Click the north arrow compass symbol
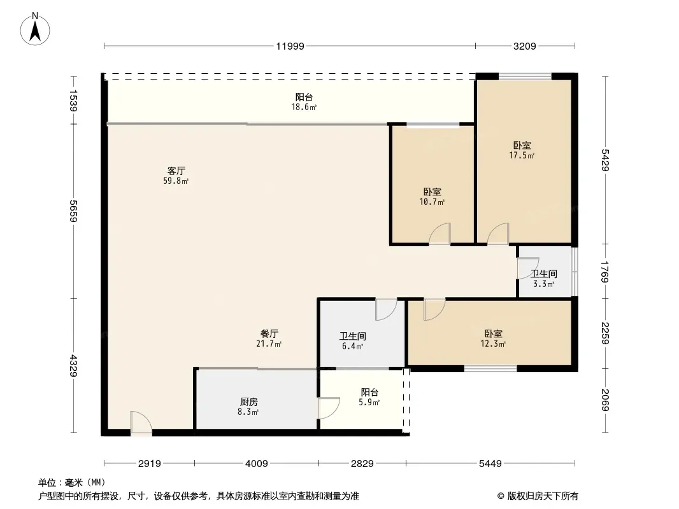pyautogui.click(x=35, y=29)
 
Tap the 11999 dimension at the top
pyautogui.click(x=290, y=46)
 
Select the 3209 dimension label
pyautogui.click(x=524, y=46)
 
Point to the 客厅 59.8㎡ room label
pyautogui.click(x=176, y=176)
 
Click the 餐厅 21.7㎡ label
pyautogui.click(x=269, y=338)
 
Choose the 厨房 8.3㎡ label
pyautogui.click(x=248, y=407)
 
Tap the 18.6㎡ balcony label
pyautogui.click(x=304, y=102)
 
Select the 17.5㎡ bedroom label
pyautogui.click(x=522, y=150)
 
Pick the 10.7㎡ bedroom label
pyautogui.click(x=432, y=197)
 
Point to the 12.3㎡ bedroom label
pyautogui.click(x=493, y=338)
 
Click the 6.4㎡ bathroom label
pyautogui.click(x=352, y=341)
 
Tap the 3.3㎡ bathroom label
pyautogui.click(x=544, y=279)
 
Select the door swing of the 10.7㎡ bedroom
pyautogui.click(x=440, y=234)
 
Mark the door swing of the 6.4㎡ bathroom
pyautogui.click(x=386, y=309)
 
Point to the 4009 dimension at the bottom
pyautogui.click(x=257, y=464)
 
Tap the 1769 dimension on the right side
pyautogui.click(x=605, y=272)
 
